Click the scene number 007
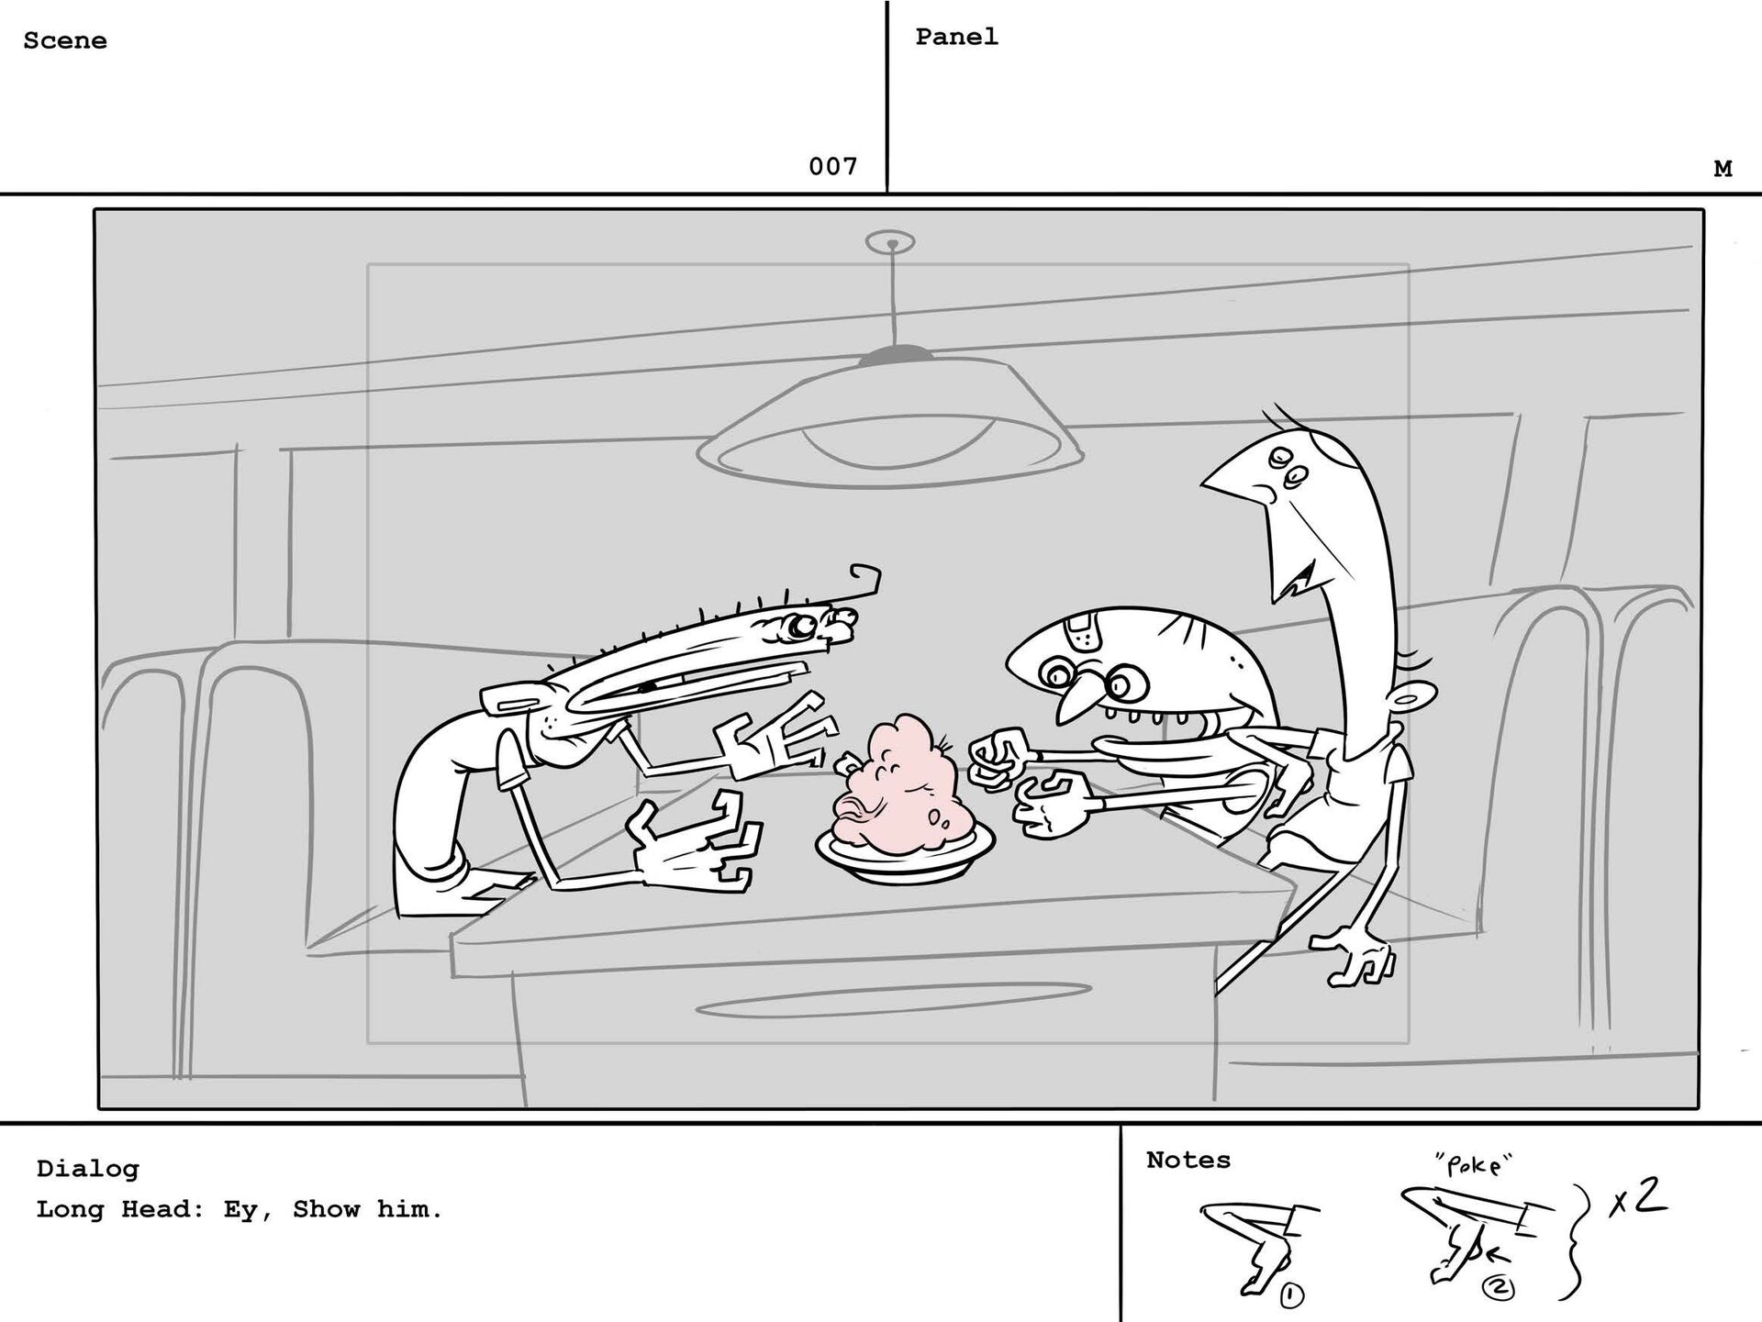pyautogui.click(x=832, y=166)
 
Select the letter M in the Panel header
pyautogui.click(x=1723, y=169)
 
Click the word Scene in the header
pyautogui.click(x=65, y=40)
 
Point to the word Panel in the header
pyautogui.click(x=956, y=37)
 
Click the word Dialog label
pyautogui.click(x=88, y=1169)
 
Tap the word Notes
pyautogui.click(x=1188, y=1161)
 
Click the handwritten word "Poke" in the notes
pyautogui.click(x=1473, y=1165)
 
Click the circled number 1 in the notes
pyautogui.click(x=1292, y=1296)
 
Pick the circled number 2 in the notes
pyautogui.click(x=1498, y=1289)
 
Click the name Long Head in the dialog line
pyautogui.click(x=112, y=1210)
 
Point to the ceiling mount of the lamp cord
pyautogui.click(x=889, y=243)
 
